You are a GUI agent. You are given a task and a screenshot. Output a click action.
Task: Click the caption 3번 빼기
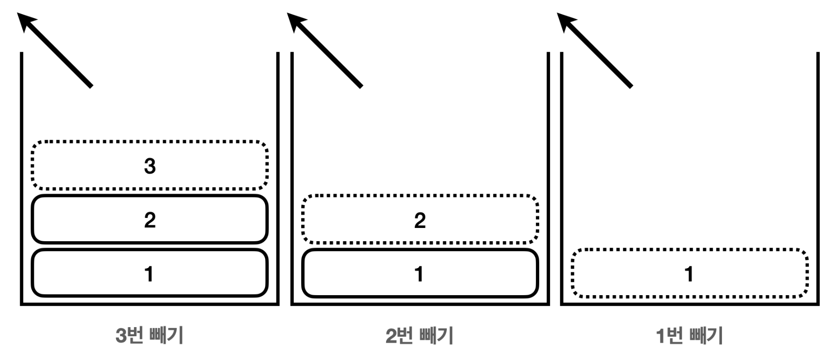pyautogui.click(x=150, y=336)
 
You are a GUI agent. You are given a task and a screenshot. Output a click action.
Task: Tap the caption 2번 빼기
pyautogui.click(x=419, y=336)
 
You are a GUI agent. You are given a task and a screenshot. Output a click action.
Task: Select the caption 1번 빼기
pyautogui.click(x=689, y=336)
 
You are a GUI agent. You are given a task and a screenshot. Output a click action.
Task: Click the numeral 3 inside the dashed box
pyautogui.click(x=150, y=166)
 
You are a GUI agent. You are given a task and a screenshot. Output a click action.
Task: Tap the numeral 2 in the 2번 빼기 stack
pyautogui.click(x=419, y=220)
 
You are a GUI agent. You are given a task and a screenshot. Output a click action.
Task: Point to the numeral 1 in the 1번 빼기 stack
pyautogui.click(x=689, y=274)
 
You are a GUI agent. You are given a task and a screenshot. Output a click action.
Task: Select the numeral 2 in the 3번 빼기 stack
pyautogui.click(x=150, y=220)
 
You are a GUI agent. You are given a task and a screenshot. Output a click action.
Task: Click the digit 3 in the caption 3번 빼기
pyautogui.click(x=122, y=336)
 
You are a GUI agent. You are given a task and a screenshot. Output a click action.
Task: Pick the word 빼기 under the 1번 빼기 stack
pyautogui.click(x=707, y=336)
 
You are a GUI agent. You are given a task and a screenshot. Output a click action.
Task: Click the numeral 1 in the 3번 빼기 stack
pyautogui.click(x=149, y=274)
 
